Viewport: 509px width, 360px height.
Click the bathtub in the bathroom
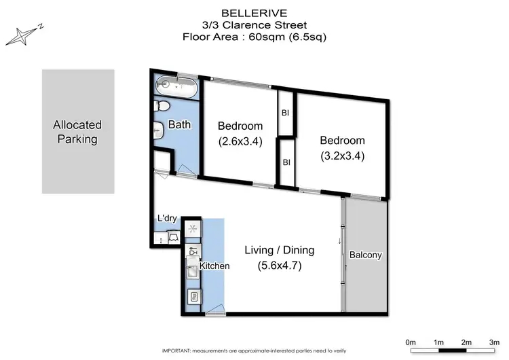click(x=176, y=87)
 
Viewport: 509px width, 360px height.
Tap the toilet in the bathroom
click(x=161, y=107)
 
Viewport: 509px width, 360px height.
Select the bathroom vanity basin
click(x=158, y=130)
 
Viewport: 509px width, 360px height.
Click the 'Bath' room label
click(x=180, y=125)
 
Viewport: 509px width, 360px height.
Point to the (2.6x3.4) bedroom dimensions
click(x=240, y=143)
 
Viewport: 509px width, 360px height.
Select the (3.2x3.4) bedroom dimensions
click(x=342, y=156)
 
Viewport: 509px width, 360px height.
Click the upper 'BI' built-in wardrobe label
click(x=286, y=113)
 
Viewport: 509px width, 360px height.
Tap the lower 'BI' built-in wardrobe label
click(x=286, y=162)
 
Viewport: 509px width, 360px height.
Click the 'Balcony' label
click(x=366, y=255)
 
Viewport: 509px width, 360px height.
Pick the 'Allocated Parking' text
click(x=77, y=132)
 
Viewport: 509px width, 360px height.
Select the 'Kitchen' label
click(x=214, y=266)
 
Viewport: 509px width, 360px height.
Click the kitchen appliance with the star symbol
click(x=193, y=229)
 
